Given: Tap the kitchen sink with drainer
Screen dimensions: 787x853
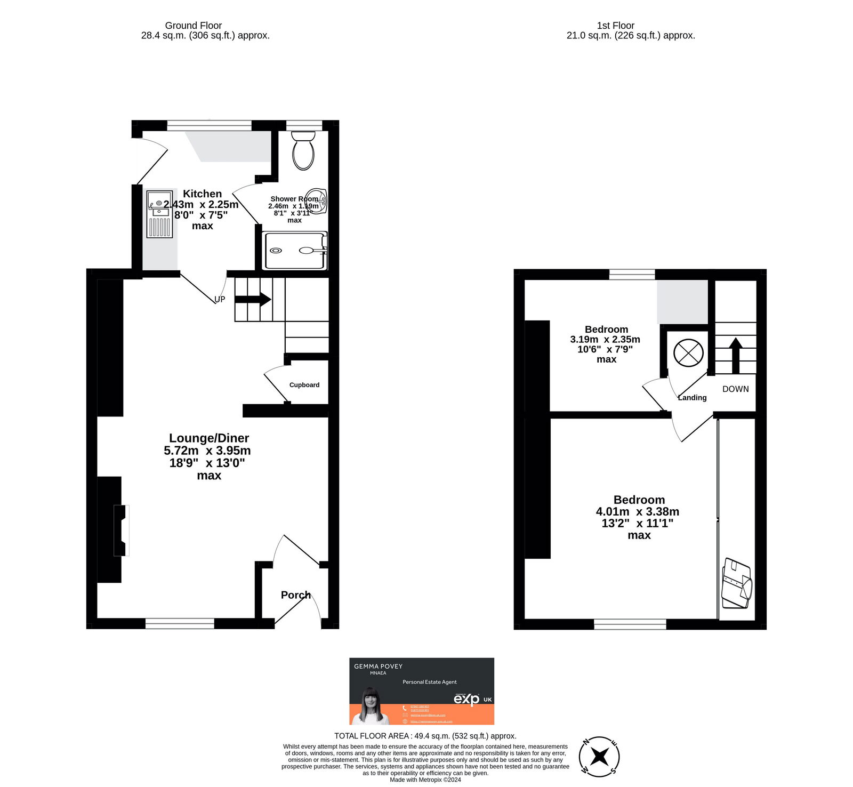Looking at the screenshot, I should (159, 213).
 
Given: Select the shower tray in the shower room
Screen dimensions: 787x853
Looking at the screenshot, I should (295, 251).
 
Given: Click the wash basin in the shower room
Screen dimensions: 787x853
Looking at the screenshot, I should (317, 201).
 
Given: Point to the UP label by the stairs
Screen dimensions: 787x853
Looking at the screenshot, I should (220, 299).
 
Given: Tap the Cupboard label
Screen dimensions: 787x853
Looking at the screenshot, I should (304, 385).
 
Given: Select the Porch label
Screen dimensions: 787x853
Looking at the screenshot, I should (295, 595).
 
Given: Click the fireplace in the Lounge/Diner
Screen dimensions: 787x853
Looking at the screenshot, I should (122, 530).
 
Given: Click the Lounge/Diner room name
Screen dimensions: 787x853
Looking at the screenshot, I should (209, 438).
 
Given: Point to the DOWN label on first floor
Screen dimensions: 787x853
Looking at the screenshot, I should (735, 389).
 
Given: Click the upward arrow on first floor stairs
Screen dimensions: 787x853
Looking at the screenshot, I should (735, 355).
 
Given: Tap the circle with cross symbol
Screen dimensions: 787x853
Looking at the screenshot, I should (688, 352).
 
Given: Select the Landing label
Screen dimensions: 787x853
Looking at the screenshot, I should (692, 398).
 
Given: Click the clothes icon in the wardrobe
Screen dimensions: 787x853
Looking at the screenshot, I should (736, 583).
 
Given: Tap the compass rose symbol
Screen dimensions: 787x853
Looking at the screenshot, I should (599, 756).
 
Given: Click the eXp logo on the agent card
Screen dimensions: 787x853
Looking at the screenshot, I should (467, 699).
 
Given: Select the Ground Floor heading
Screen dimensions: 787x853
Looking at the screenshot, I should (193, 25).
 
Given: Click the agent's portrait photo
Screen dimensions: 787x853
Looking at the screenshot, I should (370, 707).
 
